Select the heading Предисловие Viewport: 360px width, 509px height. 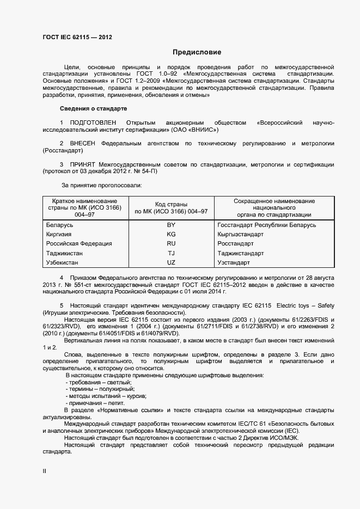[x=197, y=53]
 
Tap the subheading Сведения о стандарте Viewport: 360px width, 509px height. [x=93, y=109]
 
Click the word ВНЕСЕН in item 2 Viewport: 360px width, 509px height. [x=83, y=144]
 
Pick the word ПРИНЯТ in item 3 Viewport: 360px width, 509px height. [x=82, y=164]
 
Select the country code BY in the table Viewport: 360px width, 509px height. [x=171, y=225]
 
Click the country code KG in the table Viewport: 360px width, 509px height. [x=171, y=234]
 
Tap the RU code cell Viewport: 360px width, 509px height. [x=171, y=244]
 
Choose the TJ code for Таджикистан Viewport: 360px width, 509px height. [x=171, y=253]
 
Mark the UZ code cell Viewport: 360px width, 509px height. [x=171, y=262]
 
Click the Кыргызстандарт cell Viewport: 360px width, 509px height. [x=240, y=234]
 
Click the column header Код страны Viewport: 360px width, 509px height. [x=171, y=204]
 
